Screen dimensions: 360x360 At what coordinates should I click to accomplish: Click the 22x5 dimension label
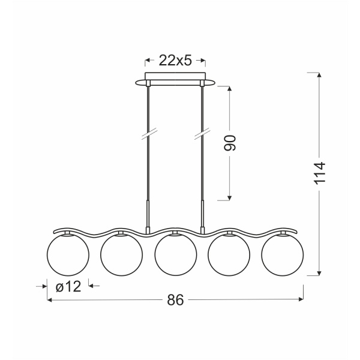(175, 61)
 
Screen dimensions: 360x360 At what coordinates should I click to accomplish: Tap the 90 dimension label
(230, 143)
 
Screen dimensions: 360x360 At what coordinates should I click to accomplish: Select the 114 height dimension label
(319, 173)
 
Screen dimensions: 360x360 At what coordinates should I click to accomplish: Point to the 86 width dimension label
(175, 299)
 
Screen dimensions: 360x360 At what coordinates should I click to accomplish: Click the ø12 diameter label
(68, 287)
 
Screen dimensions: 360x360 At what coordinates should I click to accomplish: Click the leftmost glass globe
(68, 254)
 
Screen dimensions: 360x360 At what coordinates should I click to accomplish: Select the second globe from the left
(121, 254)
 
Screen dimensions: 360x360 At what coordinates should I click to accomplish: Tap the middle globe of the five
(176, 254)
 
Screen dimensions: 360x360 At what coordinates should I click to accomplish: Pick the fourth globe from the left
(229, 254)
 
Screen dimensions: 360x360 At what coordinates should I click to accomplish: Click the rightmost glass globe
(283, 254)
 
